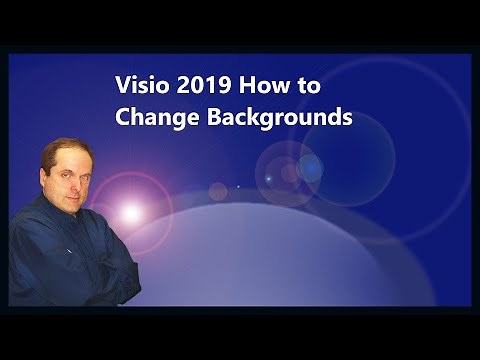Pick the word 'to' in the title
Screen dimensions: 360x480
(x=305, y=87)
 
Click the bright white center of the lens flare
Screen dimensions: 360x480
(x=130, y=212)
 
